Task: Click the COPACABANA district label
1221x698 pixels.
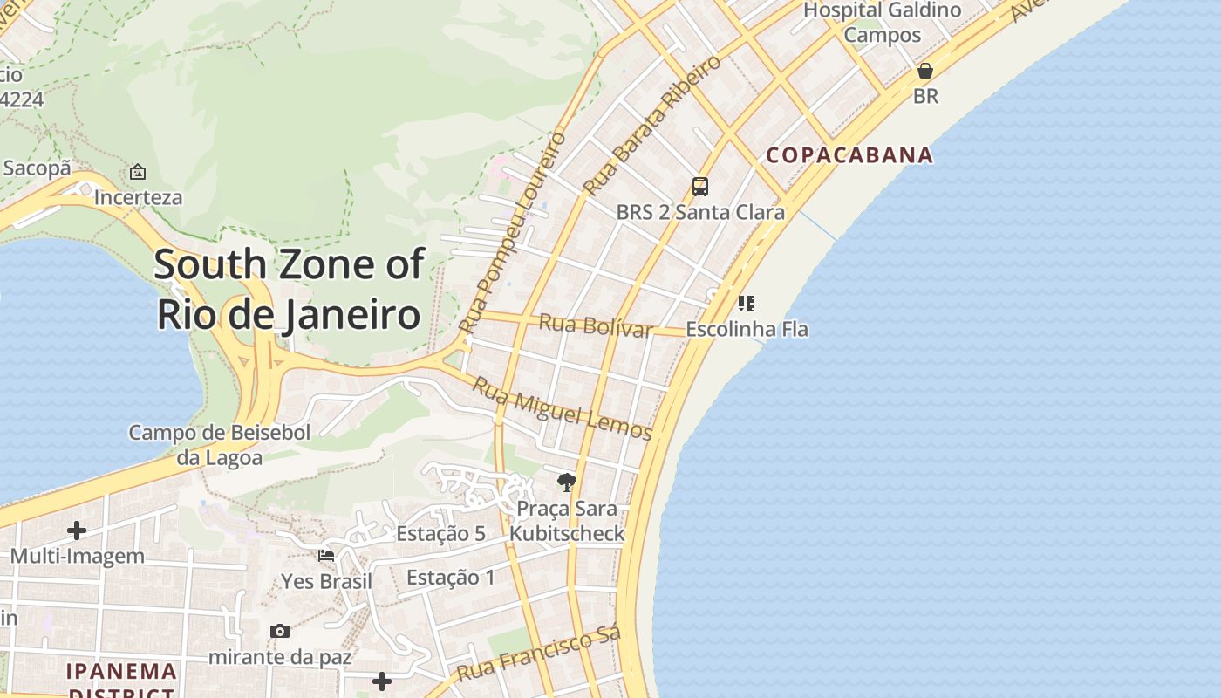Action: click(849, 155)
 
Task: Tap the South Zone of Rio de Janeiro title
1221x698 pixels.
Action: click(289, 289)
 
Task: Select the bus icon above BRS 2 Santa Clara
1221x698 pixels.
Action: click(700, 186)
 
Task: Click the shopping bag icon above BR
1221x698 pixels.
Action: click(925, 71)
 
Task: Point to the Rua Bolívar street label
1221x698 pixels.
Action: click(596, 325)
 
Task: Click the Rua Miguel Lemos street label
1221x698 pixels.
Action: click(562, 408)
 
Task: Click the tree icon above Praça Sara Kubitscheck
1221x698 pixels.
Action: click(567, 482)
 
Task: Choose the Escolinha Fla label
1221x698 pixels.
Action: click(747, 330)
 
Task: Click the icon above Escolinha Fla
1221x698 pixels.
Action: click(746, 304)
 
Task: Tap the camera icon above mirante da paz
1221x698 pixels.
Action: click(279, 631)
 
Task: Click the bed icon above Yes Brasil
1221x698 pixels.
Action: click(326, 555)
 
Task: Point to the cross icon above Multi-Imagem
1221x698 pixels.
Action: click(77, 530)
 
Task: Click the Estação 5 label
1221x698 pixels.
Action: click(440, 533)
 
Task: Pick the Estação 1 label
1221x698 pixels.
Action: click(450, 578)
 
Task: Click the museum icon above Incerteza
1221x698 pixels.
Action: click(138, 172)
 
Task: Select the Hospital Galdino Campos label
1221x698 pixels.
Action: click(882, 23)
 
